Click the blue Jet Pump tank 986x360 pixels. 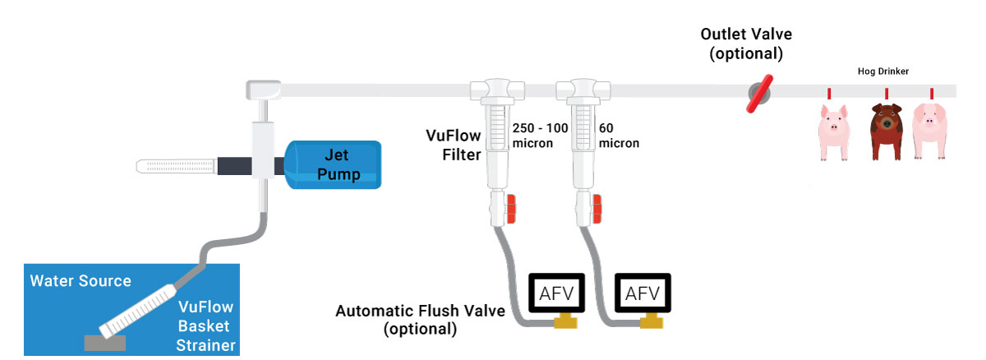click(x=333, y=164)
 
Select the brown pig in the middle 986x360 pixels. click(x=885, y=132)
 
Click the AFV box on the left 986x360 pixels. click(x=555, y=293)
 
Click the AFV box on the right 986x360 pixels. click(x=643, y=293)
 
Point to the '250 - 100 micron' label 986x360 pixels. click(x=539, y=136)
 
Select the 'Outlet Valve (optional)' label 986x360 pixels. click(x=741, y=44)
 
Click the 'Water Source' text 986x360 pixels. click(x=81, y=281)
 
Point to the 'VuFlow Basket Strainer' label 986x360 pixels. click(x=205, y=325)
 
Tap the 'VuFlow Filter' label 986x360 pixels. click(x=453, y=144)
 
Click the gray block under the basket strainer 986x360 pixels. click(x=105, y=340)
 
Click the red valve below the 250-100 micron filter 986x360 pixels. click(x=509, y=209)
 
